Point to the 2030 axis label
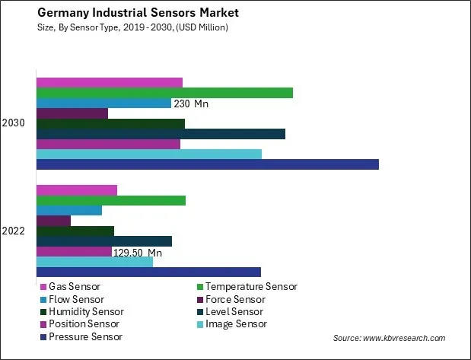(x=14, y=123)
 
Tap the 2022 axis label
(x=14, y=231)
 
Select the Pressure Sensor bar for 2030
(x=207, y=164)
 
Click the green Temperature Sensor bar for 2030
(x=164, y=93)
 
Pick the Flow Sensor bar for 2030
(x=103, y=103)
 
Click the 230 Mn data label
(x=191, y=104)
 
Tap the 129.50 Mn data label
(x=138, y=252)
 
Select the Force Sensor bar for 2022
(x=53, y=221)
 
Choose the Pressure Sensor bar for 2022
(x=148, y=272)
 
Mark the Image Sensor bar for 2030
(x=148, y=155)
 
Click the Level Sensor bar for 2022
(x=103, y=241)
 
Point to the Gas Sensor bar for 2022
(x=76, y=190)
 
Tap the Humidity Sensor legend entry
(x=85, y=311)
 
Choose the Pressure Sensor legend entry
(x=84, y=336)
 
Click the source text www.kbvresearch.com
(x=389, y=338)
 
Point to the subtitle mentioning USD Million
(x=121, y=27)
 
